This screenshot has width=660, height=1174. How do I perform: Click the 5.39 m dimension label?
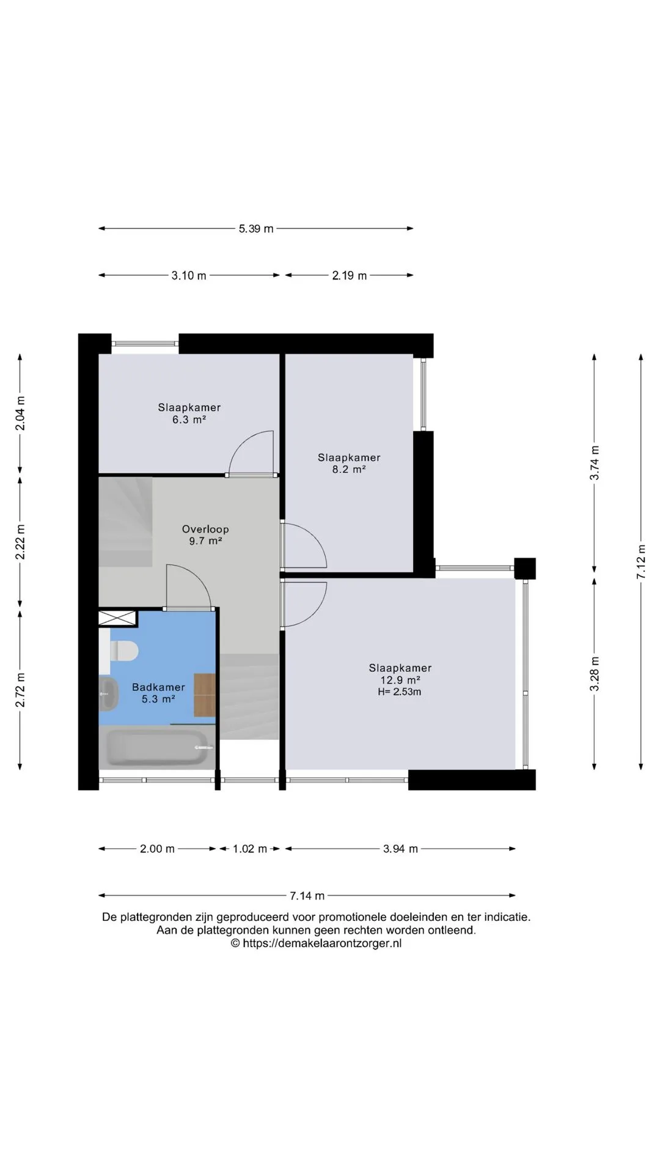click(256, 229)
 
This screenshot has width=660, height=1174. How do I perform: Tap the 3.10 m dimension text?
click(189, 276)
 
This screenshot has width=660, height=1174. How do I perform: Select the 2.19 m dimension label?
click(350, 276)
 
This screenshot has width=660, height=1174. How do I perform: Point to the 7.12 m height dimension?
click(641, 562)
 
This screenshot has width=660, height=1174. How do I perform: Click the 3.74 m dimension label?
click(594, 463)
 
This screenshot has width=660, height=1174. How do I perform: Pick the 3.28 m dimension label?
click(594, 674)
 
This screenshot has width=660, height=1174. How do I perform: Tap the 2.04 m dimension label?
click(20, 413)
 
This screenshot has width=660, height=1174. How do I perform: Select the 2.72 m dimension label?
click(20, 690)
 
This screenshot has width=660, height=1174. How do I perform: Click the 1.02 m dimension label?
click(250, 849)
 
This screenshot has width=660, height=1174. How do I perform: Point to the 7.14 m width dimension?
click(307, 896)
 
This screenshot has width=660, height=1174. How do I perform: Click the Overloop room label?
click(205, 530)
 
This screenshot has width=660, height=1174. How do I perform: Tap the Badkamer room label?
click(158, 687)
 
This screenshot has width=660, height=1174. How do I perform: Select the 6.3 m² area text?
click(189, 419)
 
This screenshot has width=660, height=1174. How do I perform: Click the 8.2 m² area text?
click(349, 470)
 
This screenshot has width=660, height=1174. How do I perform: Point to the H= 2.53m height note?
click(400, 692)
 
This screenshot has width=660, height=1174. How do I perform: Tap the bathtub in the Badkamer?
click(158, 747)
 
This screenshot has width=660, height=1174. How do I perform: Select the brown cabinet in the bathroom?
click(205, 695)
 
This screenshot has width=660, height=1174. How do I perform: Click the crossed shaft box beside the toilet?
click(117, 618)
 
